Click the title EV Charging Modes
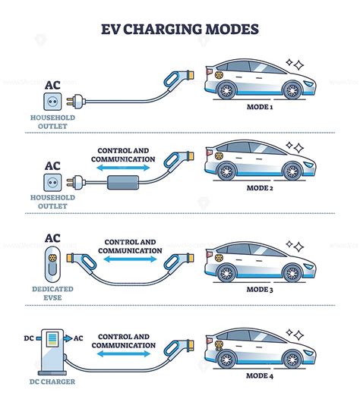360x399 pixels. pyautogui.click(x=179, y=30)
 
